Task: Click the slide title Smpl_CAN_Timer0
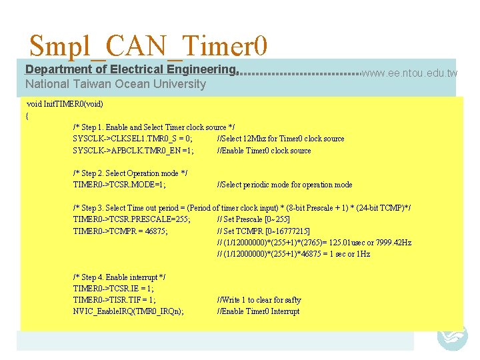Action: (x=149, y=47)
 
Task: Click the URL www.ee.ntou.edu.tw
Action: (x=409, y=73)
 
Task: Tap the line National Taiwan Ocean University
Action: (x=115, y=84)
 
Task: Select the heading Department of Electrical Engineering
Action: (x=131, y=69)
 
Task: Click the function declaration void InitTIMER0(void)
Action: (x=65, y=104)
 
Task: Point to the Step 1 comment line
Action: (x=153, y=127)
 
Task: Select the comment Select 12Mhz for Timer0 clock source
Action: (x=281, y=139)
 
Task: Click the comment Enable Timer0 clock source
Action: (x=264, y=151)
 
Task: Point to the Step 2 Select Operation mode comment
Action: (x=130, y=173)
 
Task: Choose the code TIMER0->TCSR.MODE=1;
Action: (x=120, y=185)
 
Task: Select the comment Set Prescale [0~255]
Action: (x=253, y=219)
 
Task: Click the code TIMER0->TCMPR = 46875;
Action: (x=121, y=231)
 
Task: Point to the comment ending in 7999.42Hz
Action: (x=314, y=243)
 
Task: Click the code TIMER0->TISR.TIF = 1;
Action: (x=114, y=300)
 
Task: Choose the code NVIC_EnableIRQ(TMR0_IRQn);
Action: (x=129, y=311)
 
